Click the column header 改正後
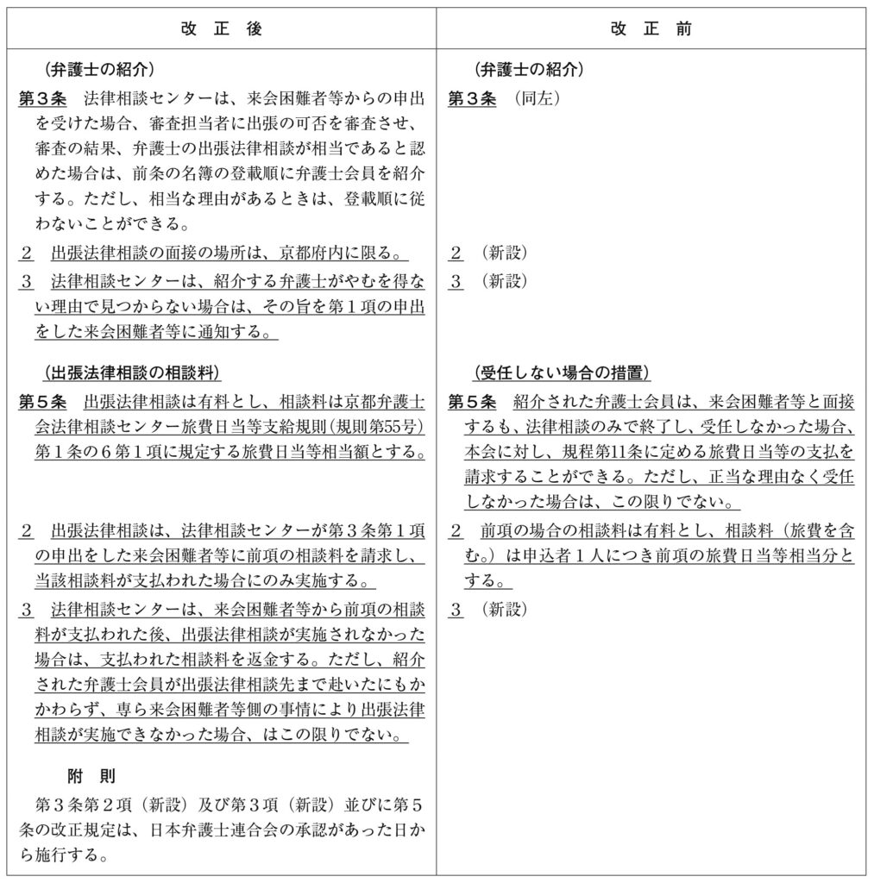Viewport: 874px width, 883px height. [x=222, y=28]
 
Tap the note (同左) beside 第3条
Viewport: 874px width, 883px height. [x=537, y=98]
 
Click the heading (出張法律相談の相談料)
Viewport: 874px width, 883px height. [x=130, y=373]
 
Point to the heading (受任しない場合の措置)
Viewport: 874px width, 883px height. [x=561, y=373]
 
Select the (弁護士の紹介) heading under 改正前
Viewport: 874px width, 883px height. [x=529, y=70]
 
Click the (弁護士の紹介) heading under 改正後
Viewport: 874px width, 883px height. [x=98, y=70]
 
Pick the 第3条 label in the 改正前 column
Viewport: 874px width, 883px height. [x=473, y=98]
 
